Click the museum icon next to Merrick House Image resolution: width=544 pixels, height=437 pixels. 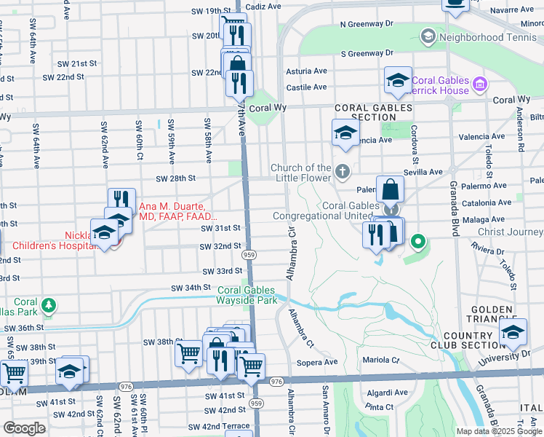(479, 85)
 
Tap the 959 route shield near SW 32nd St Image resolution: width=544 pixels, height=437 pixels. (249, 255)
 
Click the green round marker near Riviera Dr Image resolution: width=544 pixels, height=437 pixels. (417, 240)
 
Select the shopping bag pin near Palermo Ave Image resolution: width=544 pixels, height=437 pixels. (391, 191)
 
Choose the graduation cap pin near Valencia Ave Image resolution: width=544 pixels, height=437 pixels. (345, 133)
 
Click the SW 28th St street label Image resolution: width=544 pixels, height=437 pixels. (175, 178)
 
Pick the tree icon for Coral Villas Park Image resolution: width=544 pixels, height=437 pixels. (49, 304)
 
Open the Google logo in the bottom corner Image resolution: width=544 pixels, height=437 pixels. (24, 428)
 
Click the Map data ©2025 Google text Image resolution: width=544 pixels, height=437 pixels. (498, 431)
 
